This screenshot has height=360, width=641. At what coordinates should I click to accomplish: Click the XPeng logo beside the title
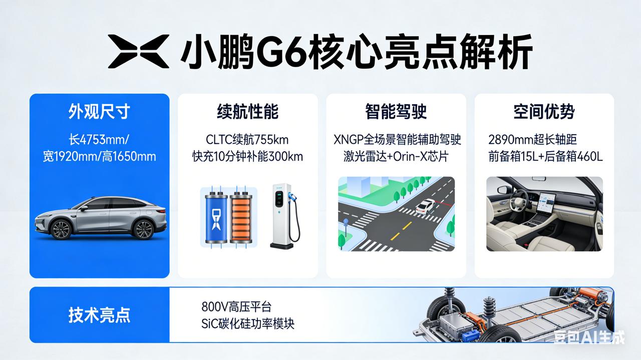[139, 51]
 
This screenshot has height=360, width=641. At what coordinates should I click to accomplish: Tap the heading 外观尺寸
[99, 112]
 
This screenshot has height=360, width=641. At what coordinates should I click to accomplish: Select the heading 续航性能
[247, 112]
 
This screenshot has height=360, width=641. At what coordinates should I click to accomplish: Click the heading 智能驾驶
[396, 112]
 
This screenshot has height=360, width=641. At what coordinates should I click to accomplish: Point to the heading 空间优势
[544, 112]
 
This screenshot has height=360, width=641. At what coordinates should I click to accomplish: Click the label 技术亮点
[99, 315]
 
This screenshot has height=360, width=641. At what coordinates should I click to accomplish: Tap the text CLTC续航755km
[247, 139]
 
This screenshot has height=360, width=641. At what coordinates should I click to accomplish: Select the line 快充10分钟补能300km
[247, 156]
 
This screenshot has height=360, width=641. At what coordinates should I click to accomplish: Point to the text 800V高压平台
[236, 306]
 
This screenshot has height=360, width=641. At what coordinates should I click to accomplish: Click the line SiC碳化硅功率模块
[247, 323]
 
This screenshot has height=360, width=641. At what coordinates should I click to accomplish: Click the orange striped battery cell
[242, 217]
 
